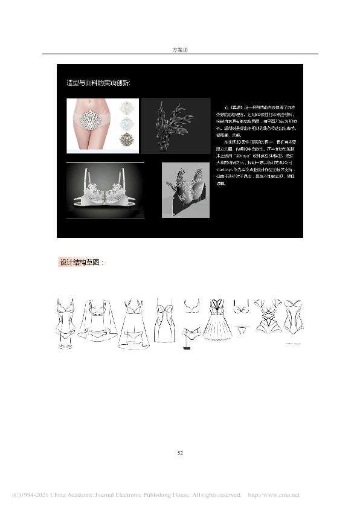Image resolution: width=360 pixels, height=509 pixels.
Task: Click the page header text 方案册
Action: click(x=179, y=49)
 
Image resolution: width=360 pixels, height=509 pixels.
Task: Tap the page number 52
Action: click(x=179, y=452)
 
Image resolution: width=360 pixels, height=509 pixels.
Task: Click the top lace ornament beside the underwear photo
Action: click(x=127, y=107)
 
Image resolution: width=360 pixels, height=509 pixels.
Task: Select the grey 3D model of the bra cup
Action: click(x=185, y=191)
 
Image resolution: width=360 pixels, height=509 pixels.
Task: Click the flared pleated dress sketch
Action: click(x=216, y=321)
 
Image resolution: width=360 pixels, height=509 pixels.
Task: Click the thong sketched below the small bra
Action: click(x=240, y=330)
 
